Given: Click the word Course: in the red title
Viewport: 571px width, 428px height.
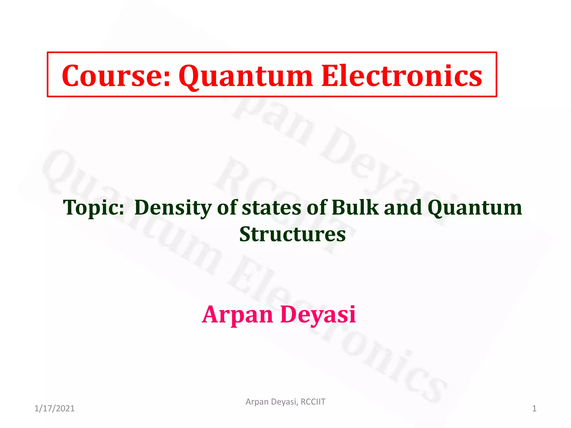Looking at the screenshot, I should pyautogui.click(x=116, y=76).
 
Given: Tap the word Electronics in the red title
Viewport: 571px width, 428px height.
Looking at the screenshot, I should pyautogui.click(x=401, y=76).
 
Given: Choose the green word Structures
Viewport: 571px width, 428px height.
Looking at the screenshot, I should pyautogui.click(x=292, y=234).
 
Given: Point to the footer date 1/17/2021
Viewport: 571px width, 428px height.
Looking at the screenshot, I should pyautogui.click(x=54, y=408).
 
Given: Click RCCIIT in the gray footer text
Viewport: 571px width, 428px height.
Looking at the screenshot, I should pyautogui.click(x=313, y=402).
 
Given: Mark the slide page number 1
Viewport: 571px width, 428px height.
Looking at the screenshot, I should pyautogui.click(x=534, y=408).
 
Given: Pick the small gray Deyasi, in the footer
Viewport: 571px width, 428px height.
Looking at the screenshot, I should pyautogui.click(x=285, y=402).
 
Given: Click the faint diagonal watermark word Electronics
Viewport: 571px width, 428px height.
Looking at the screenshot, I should pyautogui.click(x=335, y=329).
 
